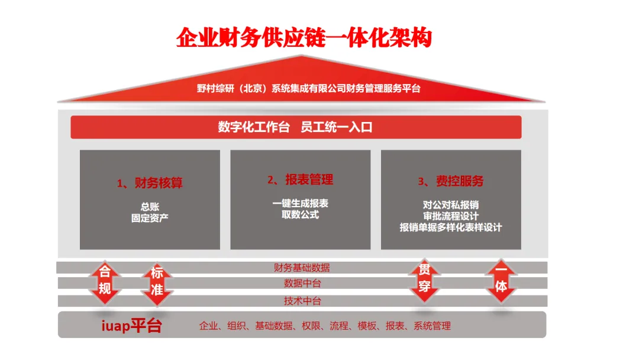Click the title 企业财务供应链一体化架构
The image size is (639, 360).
[x=304, y=37]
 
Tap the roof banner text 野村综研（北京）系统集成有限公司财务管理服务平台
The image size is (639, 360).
[x=308, y=88]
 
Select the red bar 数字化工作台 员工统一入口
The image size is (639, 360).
[x=295, y=127]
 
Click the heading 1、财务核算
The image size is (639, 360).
[x=150, y=183]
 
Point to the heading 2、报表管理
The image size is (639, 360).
[x=300, y=179]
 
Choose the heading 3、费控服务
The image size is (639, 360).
[x=451, y=181]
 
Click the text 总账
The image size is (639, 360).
[x=150, y=207]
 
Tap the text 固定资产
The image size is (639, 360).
[x=150, y=217]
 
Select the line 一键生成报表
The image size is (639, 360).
[x=300, y=203]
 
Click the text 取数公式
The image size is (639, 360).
[x=300, y=214]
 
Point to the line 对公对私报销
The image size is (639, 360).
[x=451, y=205]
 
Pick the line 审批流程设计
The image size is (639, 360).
[x=451, y=216]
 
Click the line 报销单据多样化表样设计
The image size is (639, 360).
[x=451, y=227]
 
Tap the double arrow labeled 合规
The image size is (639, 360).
[x=105, y=281]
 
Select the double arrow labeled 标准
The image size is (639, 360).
[x=157, y=282]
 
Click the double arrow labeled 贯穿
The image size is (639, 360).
[x=424, y=280]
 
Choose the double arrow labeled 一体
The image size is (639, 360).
[x=501, y=280]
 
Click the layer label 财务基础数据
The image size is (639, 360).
[x=302, y=268]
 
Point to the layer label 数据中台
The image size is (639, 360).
[x=302, y=284]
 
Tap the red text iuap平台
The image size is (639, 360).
[x=130, y=326]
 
